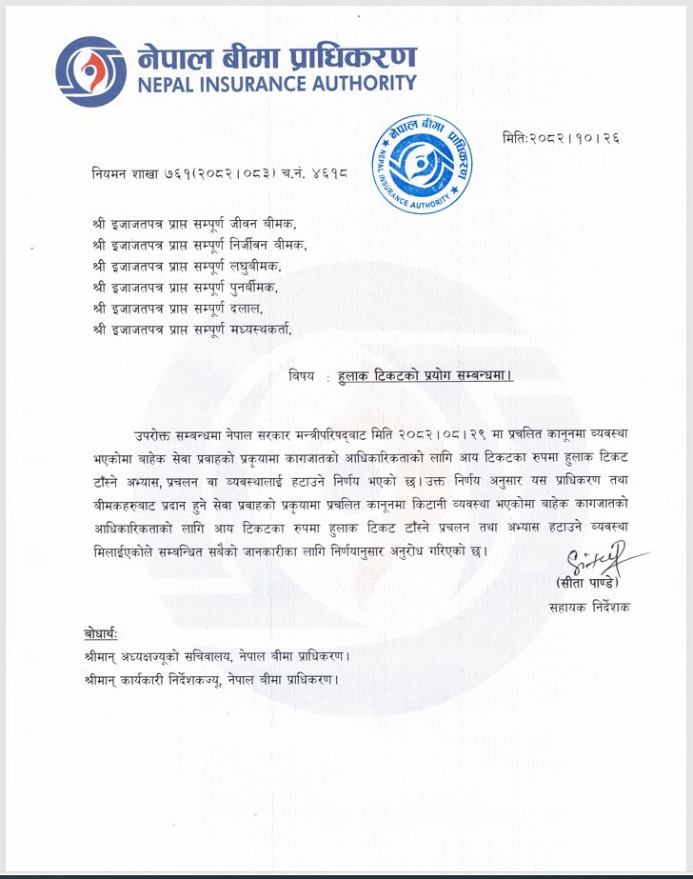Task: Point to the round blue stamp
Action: point(420,169)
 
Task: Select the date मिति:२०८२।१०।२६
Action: point(561,138)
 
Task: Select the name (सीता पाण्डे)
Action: point(589,581)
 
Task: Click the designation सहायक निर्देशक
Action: point(588,607)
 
